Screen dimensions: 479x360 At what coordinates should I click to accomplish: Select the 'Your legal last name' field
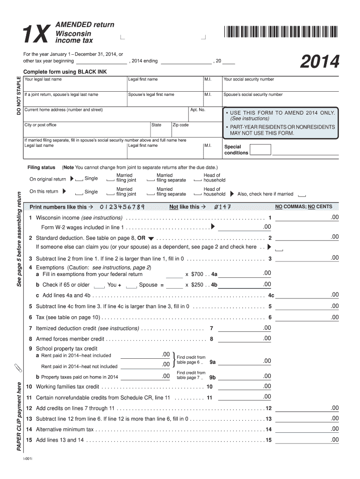click(x=74, y=85)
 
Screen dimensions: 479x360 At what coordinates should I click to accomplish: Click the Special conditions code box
click(x=260, y=150)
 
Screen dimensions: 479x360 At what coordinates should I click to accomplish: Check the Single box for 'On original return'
click(x=79, y=180)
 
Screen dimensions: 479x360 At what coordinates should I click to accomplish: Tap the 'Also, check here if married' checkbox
click(x=302, y=195)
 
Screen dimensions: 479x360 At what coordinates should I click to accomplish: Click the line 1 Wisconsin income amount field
click(x=307, y=218)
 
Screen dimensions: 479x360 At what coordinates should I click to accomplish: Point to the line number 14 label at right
click(x=268, y=429)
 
